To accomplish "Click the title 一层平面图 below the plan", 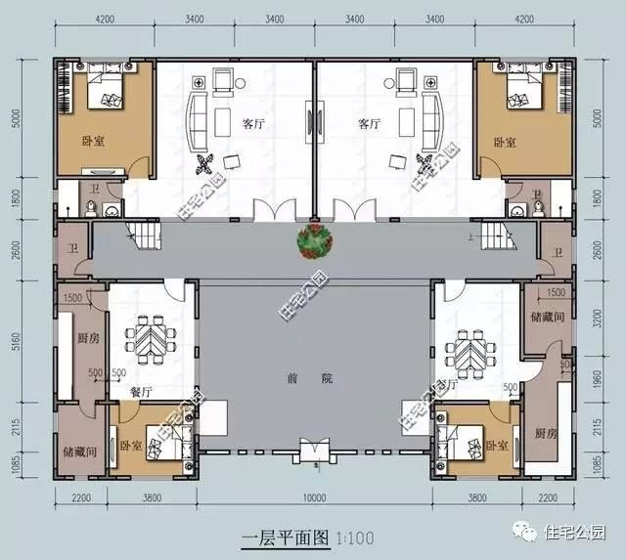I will [x=283, y=538].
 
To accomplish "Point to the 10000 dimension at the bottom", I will [x=313, y=496].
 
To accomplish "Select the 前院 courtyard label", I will [x=313, y=377].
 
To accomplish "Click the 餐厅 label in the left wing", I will [x=141, y=390].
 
